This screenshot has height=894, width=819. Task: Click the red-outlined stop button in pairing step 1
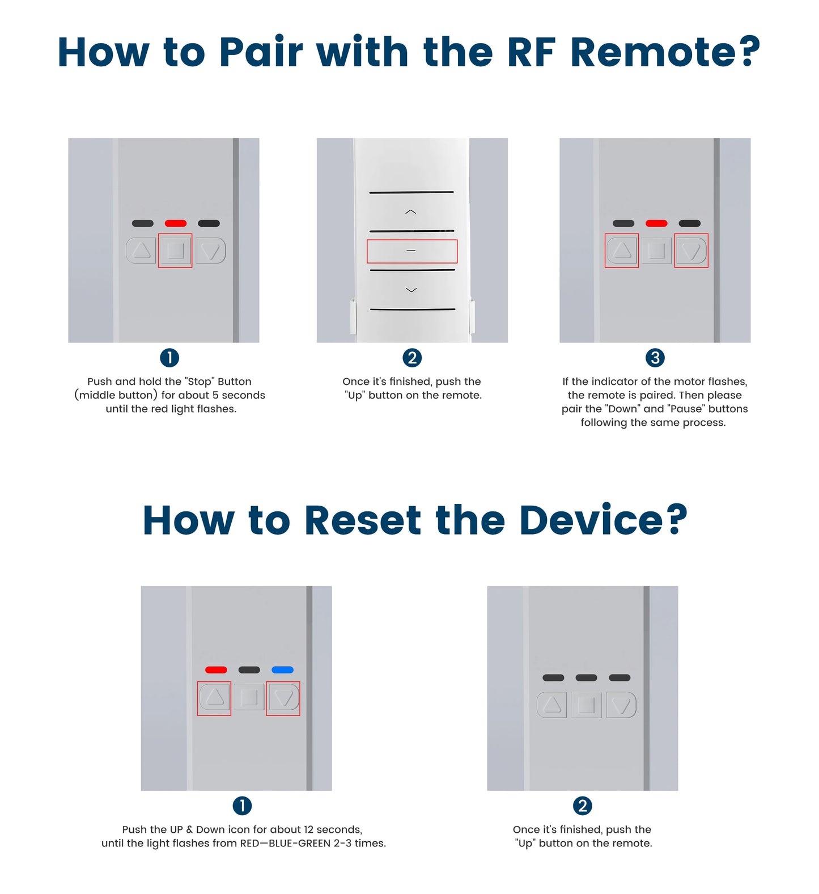tap(175, 251)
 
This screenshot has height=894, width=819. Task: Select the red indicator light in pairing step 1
tap(176, 223)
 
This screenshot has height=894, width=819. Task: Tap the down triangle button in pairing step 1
tap(210, 251)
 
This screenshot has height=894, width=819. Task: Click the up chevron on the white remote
tap(411, 212)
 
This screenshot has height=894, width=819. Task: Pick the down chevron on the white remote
tap(411, 290)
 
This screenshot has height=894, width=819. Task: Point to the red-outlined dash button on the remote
tap(411, 251)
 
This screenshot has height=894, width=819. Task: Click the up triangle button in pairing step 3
tap(622, 251)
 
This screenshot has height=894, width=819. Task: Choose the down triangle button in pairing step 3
tap(691, 251)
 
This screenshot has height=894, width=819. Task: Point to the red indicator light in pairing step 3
tap(656, 223)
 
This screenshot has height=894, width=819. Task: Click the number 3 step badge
tap(655, 358)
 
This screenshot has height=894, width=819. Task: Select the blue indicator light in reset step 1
tap(282, 670)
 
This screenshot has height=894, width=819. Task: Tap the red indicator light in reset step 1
tap(216, 670)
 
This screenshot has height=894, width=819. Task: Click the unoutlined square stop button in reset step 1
tap(249, 698)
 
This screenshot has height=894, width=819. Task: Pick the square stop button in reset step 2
tap(586, 705)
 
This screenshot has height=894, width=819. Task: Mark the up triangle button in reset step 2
tap(552, 705)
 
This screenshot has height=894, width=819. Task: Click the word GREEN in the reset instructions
tap(313, 844)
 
